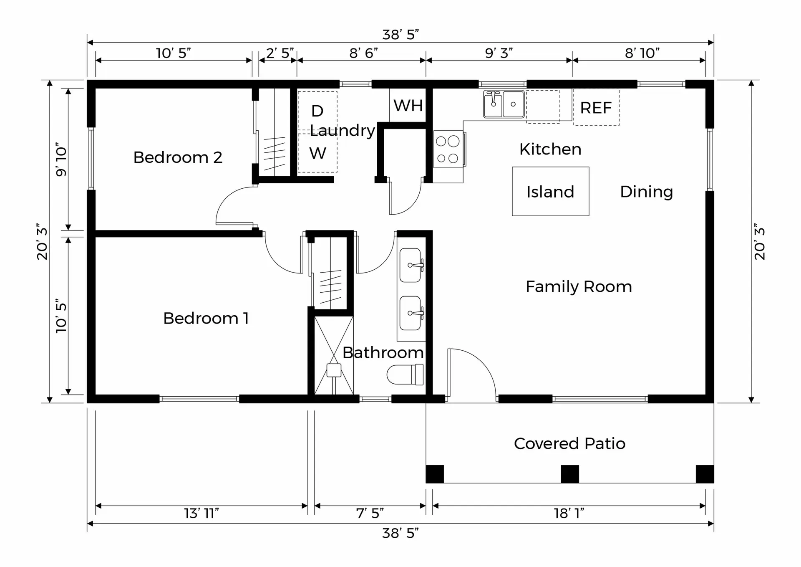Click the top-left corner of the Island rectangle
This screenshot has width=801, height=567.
click(x=512, y=167)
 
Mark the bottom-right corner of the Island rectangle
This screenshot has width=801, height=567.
click(x=589, y=216)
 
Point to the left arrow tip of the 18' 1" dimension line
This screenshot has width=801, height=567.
click(x=433, y=506)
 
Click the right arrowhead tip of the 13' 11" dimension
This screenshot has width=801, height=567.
click(x=307, y=506)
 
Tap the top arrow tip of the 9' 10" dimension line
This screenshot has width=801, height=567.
click(x=68, y=89)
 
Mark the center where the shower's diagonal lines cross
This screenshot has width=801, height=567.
click(x=334, y=355)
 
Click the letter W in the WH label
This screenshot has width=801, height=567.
click(x=400, y=106)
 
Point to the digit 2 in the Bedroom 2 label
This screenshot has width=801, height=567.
click(x=217, y=157)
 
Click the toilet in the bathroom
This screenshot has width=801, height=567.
click(x=405, y=375)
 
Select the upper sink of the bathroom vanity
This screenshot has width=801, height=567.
click(x=411, y=265)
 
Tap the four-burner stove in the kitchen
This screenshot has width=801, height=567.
click(x=448, y=149)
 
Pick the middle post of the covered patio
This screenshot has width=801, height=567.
click(x=569, y=474)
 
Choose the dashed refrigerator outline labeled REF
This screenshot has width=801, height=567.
click(x=596, y=107)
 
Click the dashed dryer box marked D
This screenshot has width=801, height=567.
click(x=317, y=111)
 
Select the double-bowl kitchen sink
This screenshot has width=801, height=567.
click(x=504, y=104)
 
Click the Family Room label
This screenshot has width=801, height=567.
click(x=579, y=287)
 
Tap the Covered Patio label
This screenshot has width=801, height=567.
click(x=569, y=443)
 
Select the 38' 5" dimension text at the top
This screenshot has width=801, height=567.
click(x=400, y=35)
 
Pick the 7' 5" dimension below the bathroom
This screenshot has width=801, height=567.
click(x=370, y=513)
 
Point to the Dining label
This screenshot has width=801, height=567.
click(x=646, y=192)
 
